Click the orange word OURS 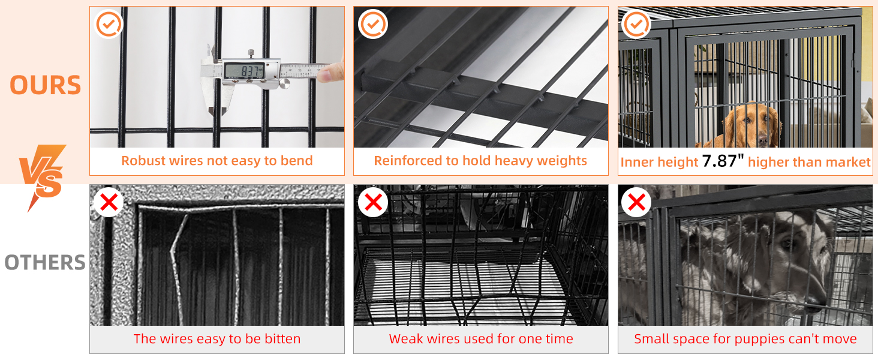pyautogui.click(x=46, y=85)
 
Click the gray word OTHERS pyautogui.click(x=45, y=263)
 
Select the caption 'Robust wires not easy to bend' pyautogui.click(x=217, y=161)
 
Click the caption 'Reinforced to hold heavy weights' pyautogui.click(x=480, y=161)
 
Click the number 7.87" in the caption pyautogui.click(x=723, y=161)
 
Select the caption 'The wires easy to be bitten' pyautogui.click(x=217, y=339)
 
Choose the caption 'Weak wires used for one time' pyautogui.click(x=480, y=339)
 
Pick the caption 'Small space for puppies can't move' pyautogui.click(x=745, y=339)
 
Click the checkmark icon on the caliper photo pyautogui.click(x=109, y=25)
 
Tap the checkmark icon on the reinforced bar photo pyautogui.click(x=372, y=25)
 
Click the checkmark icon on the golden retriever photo pyautogui.click(x=636, y=25)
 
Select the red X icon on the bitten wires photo pyautogui.click(x=109, y=203)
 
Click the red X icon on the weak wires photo pyautogui.click(x=372, y=203)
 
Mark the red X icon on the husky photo pyautogui.click(x=636, y=203)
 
